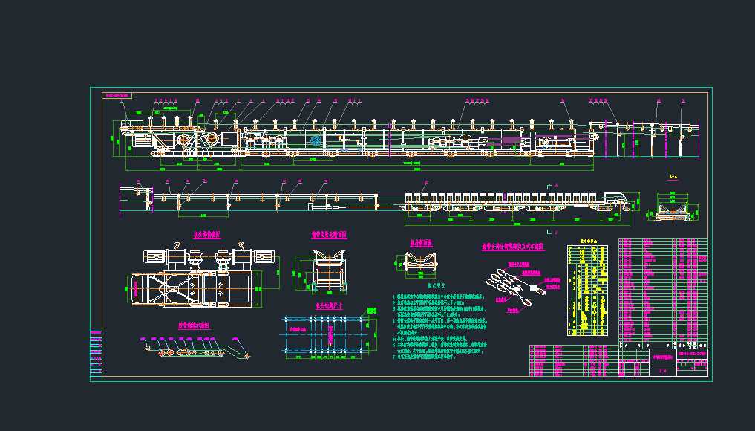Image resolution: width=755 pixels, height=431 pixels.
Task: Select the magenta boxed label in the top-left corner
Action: point(117,96)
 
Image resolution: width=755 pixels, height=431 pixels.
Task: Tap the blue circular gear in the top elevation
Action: point(315,140)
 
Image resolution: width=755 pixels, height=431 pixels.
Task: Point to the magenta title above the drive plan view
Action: point(212,234)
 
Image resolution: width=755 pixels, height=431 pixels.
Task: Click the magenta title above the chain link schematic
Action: point(513,246)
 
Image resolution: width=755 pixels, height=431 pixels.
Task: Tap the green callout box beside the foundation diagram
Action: point(299,328)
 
